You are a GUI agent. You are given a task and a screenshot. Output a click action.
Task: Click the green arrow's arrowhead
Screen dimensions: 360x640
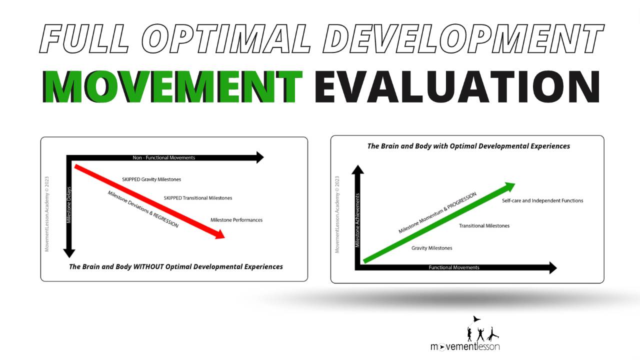click(509, 186)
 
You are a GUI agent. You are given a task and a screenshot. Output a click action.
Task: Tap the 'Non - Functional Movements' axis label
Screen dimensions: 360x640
click(163, 157)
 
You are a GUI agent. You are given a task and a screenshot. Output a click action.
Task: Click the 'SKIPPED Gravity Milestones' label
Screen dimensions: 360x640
click(151, 179)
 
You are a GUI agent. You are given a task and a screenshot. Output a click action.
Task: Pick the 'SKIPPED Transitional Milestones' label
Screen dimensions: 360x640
click(198, 198)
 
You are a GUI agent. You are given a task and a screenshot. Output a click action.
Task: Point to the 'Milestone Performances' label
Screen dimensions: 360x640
click(236, 220)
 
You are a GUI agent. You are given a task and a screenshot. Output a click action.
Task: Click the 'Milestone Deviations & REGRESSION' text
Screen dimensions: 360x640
click(143, 209)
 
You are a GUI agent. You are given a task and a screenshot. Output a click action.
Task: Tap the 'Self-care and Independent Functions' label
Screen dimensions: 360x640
click(542, 200)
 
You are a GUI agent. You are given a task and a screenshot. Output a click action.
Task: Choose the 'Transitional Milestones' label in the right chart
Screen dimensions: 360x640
click(484, 226)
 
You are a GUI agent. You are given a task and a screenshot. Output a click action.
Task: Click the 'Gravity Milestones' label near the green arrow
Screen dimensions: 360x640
click(431, 248)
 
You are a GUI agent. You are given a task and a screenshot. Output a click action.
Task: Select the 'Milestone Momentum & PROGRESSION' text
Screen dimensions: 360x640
click(437, 212)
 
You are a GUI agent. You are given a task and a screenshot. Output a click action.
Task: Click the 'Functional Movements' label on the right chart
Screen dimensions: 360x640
click(454, 267)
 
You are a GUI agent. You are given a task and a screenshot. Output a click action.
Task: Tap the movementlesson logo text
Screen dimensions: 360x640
click(465, 346)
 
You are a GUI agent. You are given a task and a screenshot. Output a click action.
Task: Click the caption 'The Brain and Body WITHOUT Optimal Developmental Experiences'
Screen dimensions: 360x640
click(176, 266)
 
